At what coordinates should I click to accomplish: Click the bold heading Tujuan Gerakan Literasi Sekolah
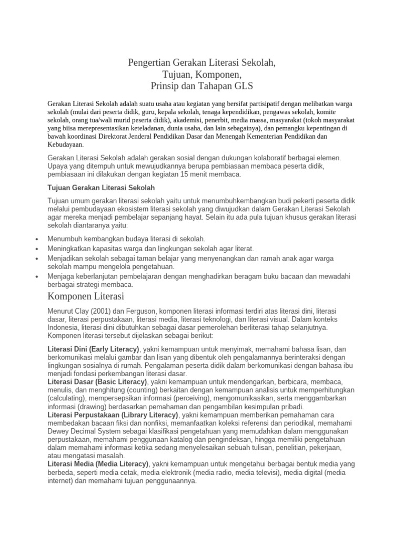pyautogui.click(x=101, y=188)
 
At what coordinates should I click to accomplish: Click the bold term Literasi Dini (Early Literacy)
pyautogui.click(x=93, y=349)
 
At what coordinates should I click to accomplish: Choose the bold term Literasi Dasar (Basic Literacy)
pyautogui.click(x=97, y=381)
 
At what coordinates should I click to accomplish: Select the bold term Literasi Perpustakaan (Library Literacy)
pyautogui.click(x=114, y=415)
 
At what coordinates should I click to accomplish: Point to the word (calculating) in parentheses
pyautogui.click(x=65, y=398)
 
